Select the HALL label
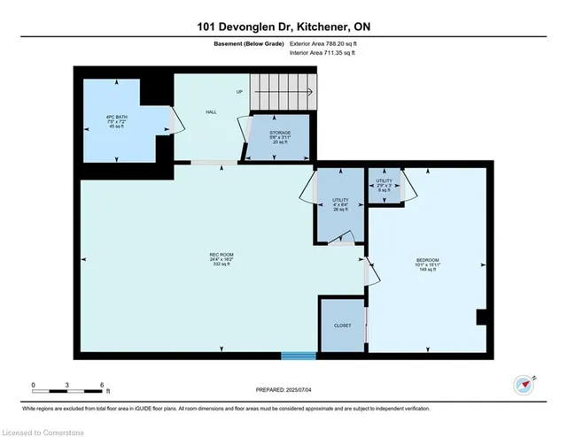point(212,112)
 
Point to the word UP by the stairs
point(238,92)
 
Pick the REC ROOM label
point(221,256)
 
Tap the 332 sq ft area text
point(221,266)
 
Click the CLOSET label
point(342,326)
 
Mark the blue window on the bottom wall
point(293,356)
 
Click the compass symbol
point(524,384)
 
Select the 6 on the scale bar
point(103,387)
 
